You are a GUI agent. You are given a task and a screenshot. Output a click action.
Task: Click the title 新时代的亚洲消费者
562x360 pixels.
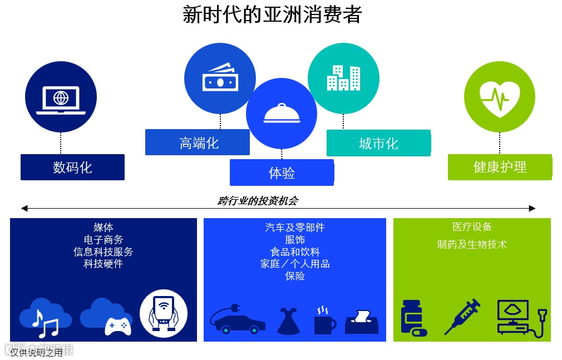(272, 14)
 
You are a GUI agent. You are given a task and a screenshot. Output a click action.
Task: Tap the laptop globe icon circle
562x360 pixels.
(61, 97)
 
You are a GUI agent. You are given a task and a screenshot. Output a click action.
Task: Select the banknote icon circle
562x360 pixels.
(220, 78)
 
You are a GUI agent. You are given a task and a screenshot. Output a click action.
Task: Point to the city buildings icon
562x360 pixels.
(343, 78)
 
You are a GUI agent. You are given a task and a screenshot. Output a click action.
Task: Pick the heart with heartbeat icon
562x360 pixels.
(500, 98)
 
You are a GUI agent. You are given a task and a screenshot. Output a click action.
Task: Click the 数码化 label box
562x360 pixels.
(72, 167)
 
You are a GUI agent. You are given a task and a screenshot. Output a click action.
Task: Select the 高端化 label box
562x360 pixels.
(198, 142)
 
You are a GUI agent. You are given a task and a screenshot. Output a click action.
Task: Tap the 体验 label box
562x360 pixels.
(282, 172)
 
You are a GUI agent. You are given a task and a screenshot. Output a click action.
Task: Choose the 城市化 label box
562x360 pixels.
(378, 143)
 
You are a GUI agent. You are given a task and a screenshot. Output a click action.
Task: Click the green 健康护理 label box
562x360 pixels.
(500, 167)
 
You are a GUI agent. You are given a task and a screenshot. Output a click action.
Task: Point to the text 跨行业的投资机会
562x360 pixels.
(258, 201)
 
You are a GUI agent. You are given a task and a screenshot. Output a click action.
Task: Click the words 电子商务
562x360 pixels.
(103, 239)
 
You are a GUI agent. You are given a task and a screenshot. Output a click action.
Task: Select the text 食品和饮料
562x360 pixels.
(295, 251)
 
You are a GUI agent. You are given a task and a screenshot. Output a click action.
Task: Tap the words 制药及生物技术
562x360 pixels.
(472, 244)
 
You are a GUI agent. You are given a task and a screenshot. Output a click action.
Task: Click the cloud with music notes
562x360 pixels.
(45, 318)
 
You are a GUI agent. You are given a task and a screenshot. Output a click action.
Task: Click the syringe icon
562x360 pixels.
(462, 317)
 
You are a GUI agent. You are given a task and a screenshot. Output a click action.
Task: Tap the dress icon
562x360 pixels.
(289, 321)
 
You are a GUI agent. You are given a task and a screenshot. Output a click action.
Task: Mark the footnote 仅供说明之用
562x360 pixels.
(36, 353)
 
